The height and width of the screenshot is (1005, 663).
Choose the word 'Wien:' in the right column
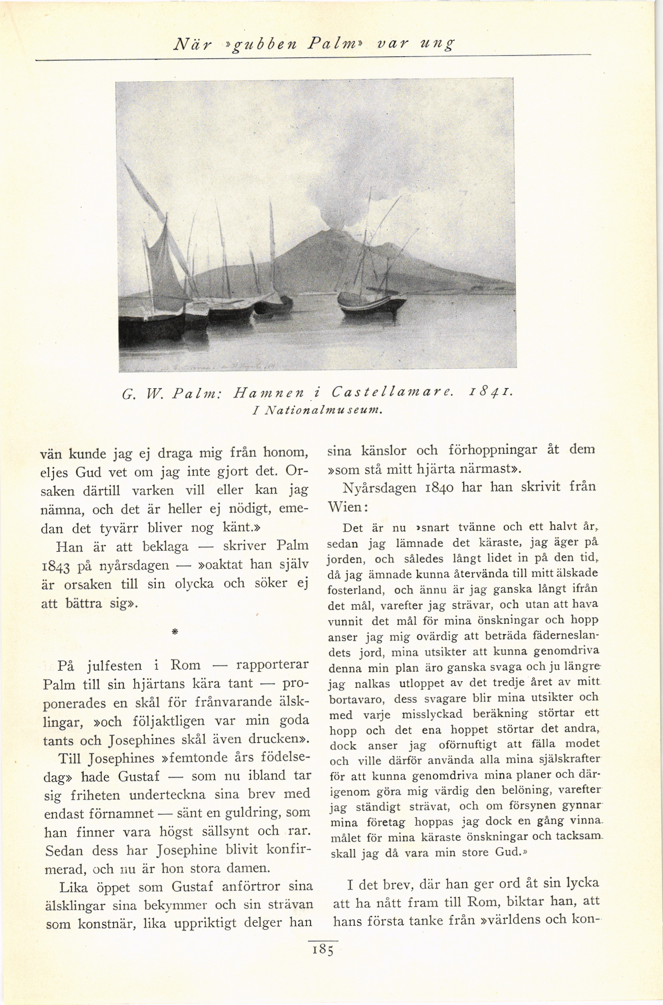pos(348,507)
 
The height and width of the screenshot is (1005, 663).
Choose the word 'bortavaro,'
pos(356,700)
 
